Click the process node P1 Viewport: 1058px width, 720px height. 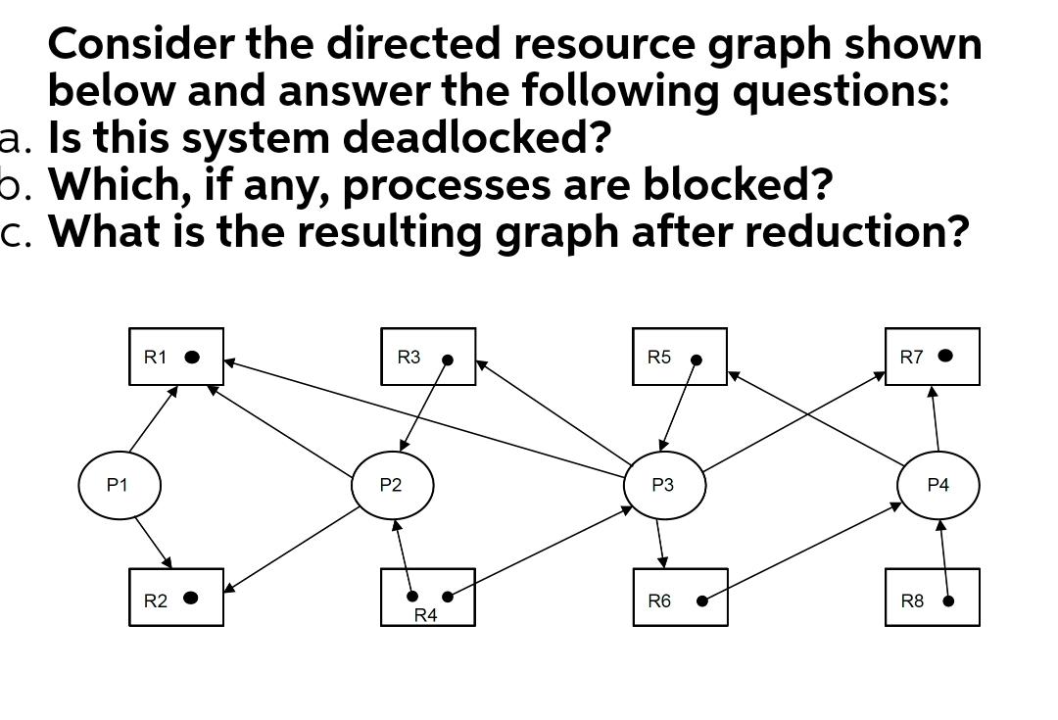click(119, 485)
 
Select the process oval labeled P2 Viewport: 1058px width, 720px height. click(391, 485)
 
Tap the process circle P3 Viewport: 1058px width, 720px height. click(664, 485)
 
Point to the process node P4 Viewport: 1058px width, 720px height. click(938, 485)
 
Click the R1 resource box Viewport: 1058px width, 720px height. click(176, 357)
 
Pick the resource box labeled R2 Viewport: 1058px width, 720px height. click(176, 598)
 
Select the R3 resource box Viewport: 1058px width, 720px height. click(428, 357)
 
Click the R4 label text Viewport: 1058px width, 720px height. click(426, 615)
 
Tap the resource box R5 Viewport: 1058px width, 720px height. click(679, 357)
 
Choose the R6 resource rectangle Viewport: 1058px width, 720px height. click(679, 598)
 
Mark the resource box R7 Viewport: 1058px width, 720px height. click(932, 357)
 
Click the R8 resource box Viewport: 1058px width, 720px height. click(932, 598)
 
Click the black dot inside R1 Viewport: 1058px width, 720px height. click(193, 357)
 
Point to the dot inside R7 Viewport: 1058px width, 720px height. click(945, 356)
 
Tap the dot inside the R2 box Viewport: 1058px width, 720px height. click(191, 598)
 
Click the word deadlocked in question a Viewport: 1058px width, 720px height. click(476, 137)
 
